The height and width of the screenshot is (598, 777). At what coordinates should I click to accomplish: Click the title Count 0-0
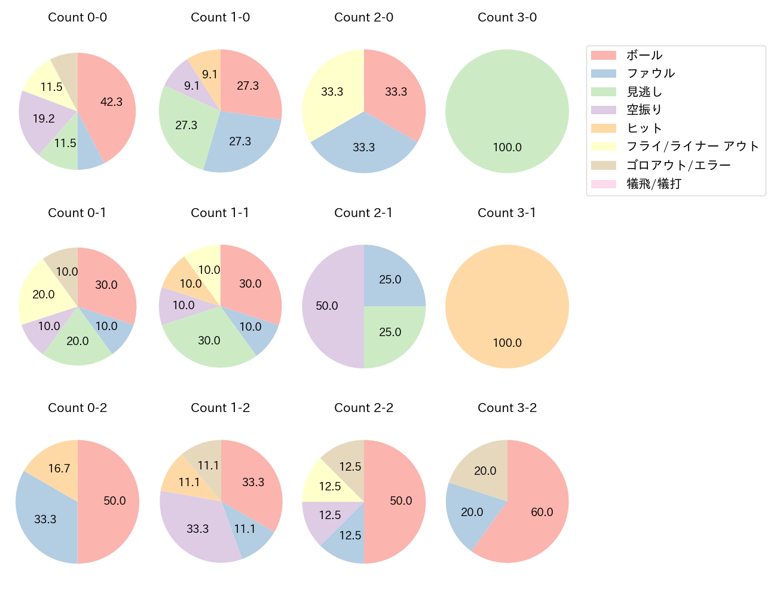77,17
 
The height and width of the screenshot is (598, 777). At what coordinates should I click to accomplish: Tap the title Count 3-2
507,408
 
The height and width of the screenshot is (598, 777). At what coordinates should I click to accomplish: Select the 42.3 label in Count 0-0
111,102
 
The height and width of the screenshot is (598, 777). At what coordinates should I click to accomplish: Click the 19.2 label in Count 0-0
44,119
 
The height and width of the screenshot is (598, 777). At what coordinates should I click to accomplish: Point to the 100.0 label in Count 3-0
507,148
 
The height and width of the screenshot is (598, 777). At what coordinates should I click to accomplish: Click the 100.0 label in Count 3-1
507,343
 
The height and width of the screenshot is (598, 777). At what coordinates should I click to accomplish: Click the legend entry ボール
644,56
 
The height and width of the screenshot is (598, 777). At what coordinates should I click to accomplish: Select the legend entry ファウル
650,74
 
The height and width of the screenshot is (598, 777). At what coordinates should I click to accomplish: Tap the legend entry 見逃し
644,92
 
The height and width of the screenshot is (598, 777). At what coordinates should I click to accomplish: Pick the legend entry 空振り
644,110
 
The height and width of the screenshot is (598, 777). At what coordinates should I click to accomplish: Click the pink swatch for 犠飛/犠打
603,184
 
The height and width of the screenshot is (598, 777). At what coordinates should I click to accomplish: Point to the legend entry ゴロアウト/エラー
678,165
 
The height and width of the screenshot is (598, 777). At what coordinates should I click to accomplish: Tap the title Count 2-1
363,213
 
